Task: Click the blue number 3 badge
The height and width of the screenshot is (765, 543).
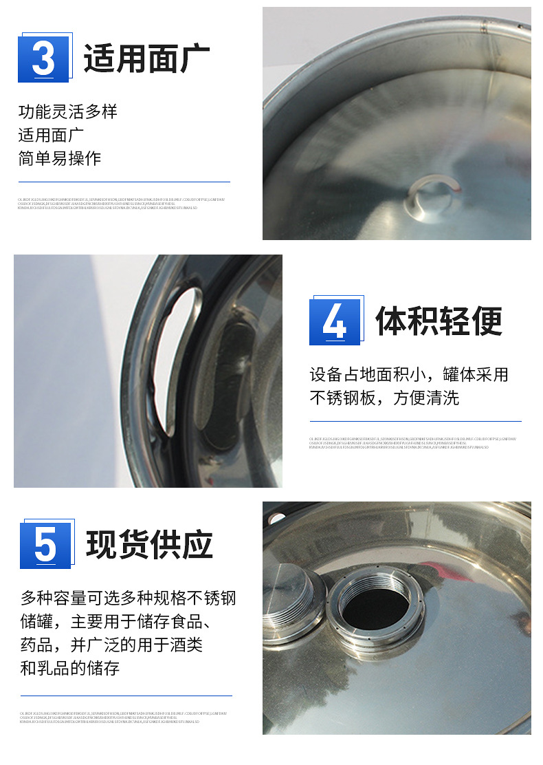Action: [43, 58]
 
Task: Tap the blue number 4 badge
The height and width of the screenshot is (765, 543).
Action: [335, 321]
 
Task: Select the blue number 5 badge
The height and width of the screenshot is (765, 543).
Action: [45, 545]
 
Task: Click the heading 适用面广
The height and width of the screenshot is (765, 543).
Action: [146, 58]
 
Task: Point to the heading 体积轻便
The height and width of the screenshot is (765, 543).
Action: [439, 321]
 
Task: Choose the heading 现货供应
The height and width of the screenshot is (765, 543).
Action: [149, 545]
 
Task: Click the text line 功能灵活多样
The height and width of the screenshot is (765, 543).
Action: [68, 111]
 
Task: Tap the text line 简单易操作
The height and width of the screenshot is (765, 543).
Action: [60, 158]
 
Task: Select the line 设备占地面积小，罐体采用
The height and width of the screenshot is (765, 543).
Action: [409, 375]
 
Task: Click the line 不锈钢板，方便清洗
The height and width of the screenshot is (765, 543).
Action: [384, 398]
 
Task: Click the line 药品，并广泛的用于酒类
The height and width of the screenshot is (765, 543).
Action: [112, 645]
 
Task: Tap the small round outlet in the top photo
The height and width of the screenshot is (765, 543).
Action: [431, 194]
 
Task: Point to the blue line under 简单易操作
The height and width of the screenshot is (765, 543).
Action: [124, 182]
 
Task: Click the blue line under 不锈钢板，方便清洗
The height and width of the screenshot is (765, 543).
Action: [415, 421]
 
